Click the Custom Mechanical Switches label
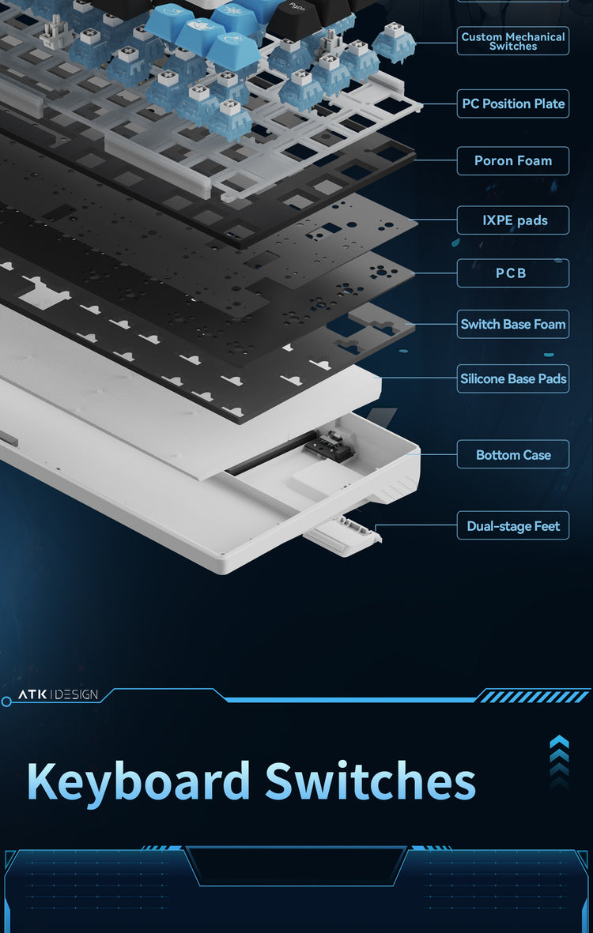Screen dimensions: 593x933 click(512, 41)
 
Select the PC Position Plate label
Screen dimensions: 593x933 click(512, 103)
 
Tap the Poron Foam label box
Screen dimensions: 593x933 click(512, 160)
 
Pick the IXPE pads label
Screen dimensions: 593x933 click(512, 220)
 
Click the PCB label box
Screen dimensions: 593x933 click(512, 273)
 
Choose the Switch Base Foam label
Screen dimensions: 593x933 click(512, 324)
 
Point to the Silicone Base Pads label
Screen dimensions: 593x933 click(512, 378)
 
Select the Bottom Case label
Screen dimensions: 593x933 click(512, 454)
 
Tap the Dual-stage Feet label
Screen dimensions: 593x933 click(512, 525)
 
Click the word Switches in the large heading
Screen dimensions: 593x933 click(370, 780)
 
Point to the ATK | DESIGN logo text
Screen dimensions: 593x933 click(58, 694)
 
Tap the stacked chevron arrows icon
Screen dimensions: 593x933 click(559, 762)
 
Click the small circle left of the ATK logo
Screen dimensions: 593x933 click(6, 702)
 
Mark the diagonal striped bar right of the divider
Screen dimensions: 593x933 click(534, 695)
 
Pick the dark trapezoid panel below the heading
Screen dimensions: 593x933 click(296, 865)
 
